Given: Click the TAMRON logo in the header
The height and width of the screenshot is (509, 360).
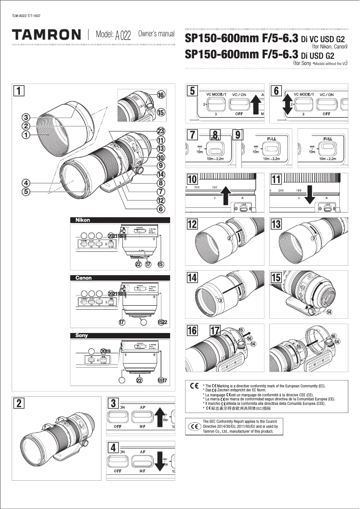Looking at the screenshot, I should [46, 35].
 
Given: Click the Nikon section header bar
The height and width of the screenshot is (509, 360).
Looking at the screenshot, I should [120, 220].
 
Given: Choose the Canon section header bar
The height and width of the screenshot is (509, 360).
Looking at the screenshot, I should [120, 278].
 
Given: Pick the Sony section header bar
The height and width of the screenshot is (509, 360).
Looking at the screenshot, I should [120, 335].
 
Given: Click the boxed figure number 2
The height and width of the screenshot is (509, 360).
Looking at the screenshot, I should [18, 403].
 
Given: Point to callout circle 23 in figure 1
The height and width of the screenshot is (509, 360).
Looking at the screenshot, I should [160, 131].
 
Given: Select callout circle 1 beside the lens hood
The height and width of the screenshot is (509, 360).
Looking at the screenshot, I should [26, 134].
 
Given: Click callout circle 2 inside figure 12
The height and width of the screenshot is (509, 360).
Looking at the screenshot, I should [229, 238].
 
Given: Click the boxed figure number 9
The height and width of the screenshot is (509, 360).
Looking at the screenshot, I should [238, 135].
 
